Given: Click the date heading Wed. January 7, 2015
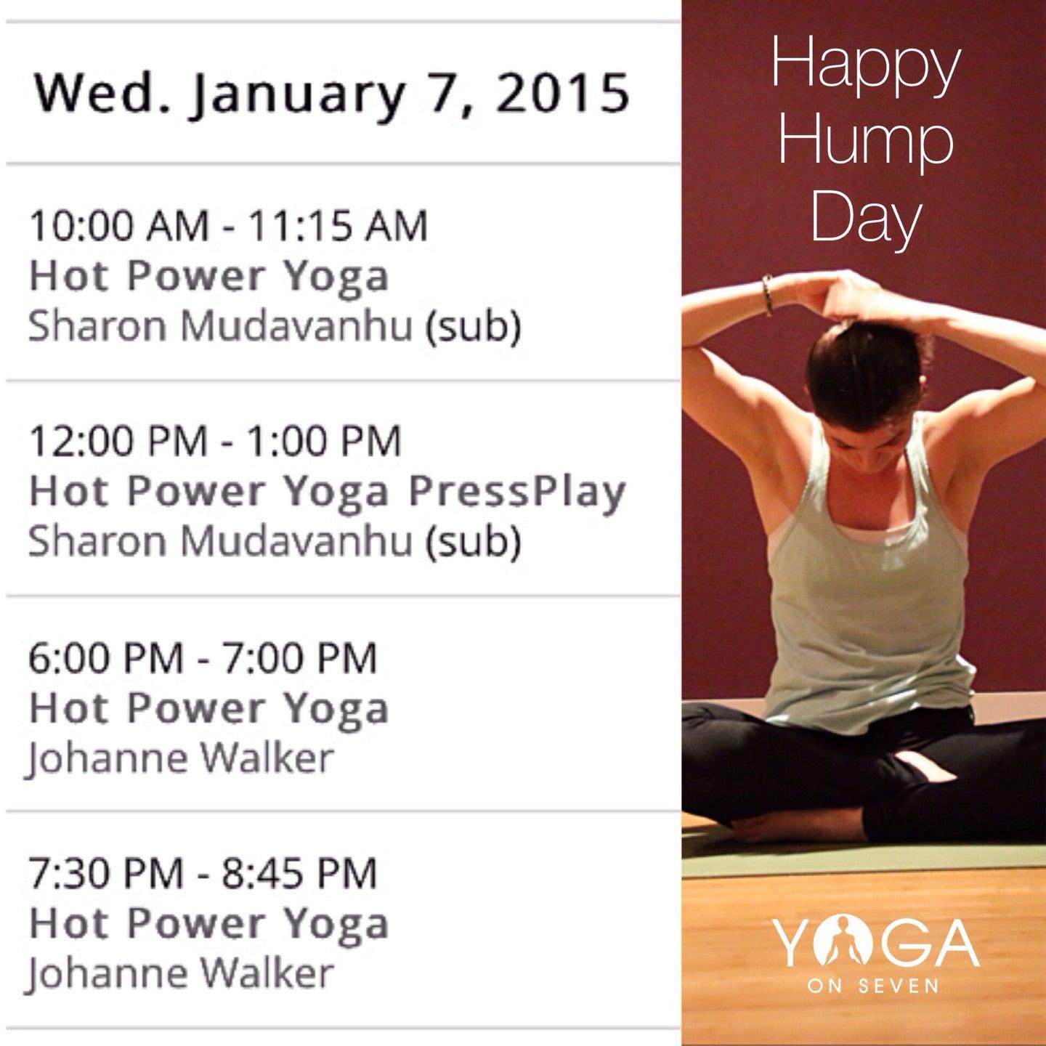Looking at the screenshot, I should pos(331,95).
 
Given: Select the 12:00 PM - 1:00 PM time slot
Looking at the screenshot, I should pos(215,440).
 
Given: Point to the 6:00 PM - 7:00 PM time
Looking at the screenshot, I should pos(203,657).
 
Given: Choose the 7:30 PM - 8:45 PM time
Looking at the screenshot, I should pos(203,872).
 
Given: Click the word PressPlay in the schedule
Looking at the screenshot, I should pos(516,492).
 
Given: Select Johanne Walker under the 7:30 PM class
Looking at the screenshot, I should pos(181,973).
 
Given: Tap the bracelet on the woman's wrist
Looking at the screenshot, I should pos(767,294).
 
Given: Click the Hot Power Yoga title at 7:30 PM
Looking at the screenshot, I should pos(209,924).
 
